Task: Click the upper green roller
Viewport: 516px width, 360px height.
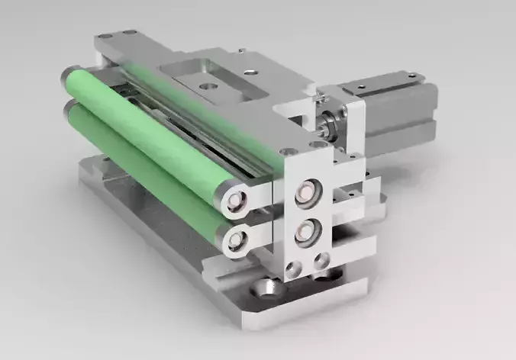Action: (145, 130)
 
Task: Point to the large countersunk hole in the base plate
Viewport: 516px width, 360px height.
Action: (265, 288)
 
